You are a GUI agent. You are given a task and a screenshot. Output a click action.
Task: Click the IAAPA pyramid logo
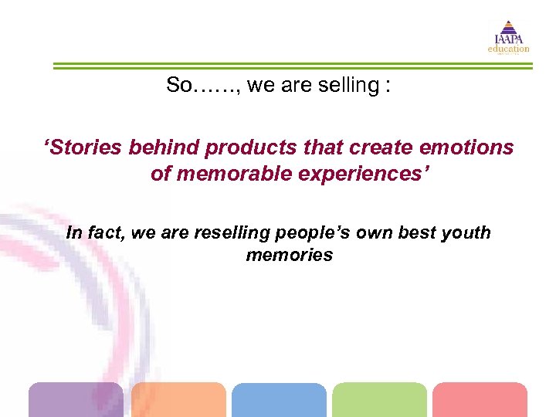click(x=508, y=32)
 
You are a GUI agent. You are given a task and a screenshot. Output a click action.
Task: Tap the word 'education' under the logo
click(x=508, y=49)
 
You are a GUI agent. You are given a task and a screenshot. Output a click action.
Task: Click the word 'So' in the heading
click(x=178, y=86)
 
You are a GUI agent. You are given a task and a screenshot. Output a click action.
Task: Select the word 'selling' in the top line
click(x=352, y=86)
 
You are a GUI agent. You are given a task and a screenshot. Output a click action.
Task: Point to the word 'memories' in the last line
click(x=289, y=256)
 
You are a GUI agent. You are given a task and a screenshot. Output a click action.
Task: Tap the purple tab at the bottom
click(x=76, y=400)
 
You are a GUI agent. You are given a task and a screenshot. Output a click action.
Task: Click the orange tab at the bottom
click(x=178, y=400)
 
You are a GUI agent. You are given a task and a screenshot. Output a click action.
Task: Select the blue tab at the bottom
click(x=279, y=400)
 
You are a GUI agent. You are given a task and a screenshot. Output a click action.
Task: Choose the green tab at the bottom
click(x=379, y=400)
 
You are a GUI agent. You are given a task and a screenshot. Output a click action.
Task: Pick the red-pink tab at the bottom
click(x=480, y=400)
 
